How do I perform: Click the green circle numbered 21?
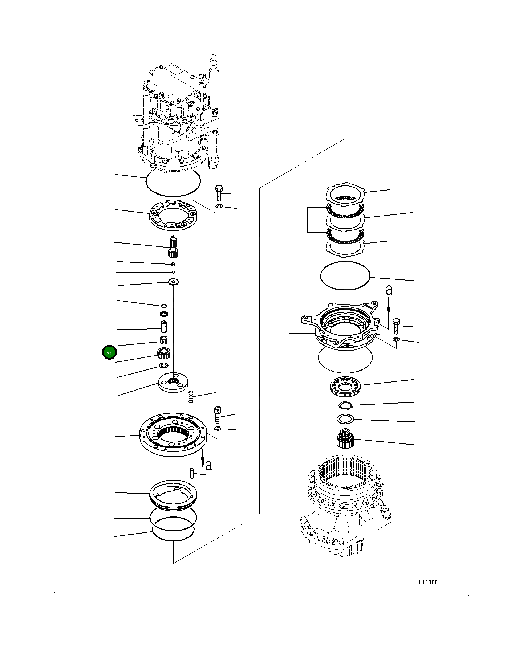(109, 352)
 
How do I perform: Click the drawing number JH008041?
(430, 582)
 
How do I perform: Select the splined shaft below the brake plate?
(173, 246)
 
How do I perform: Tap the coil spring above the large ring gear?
(191, 396)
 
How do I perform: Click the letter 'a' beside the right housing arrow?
(389, 290)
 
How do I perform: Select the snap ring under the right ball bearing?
(345, 405)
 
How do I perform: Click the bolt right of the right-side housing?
(396, 326)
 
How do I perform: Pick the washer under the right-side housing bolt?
(396, 339)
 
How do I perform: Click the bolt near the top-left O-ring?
(219, 193)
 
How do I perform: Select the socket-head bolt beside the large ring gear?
(217, 414)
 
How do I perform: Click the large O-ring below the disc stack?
(345, 275)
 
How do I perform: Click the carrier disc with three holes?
(174, 383)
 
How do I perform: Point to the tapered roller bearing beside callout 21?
(164, 352)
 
